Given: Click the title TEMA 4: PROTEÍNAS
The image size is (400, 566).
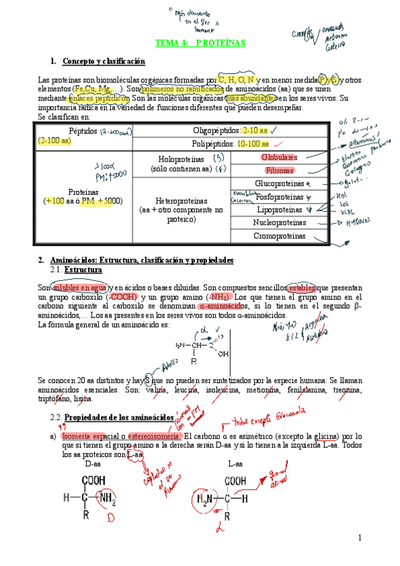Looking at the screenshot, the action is [x=200, y=43].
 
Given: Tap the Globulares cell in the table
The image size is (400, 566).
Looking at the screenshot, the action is [x=279, y=158].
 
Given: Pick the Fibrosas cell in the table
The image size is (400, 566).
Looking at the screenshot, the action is [x=279, y=170].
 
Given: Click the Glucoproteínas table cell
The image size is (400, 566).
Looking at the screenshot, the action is [x=279, y=184].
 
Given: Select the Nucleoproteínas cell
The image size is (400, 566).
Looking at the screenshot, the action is [x=279, y=222].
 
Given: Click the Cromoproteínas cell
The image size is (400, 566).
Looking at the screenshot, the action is [x=279, y=236].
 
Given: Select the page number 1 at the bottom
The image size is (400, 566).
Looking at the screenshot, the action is [x=359, y=538].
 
